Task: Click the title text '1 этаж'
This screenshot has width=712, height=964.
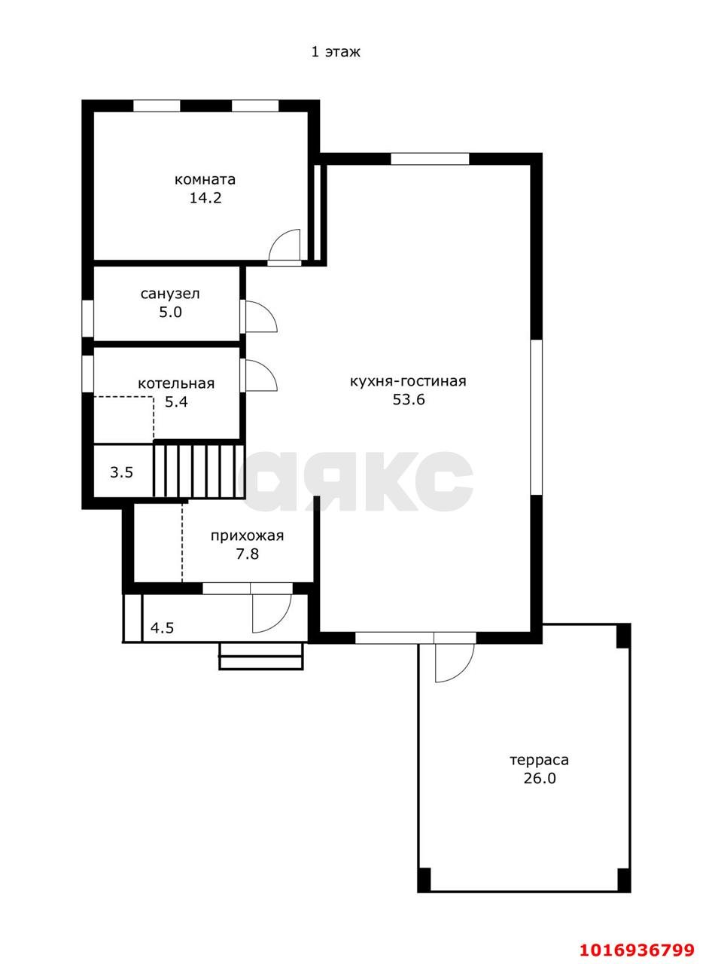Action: click(x=336, y=52)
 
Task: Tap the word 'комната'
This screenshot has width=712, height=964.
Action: click(x=205, y=179)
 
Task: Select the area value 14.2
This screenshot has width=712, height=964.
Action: click(x=205, y=198)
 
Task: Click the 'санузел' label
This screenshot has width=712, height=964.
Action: click(x=170, y=294)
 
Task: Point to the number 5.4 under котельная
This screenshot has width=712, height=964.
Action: click(x=176, y=402)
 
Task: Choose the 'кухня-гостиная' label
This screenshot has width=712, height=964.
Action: click(x=408, y=381)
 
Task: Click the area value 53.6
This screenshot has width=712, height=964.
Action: click(x=409, y=399)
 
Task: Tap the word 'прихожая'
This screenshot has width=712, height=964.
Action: click(x=247, y=535)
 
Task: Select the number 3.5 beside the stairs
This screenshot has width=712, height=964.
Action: click(x=121, y=472)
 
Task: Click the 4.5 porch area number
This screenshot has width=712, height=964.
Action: click(x=162, y=627)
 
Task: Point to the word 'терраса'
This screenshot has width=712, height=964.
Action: click(x=539, y=760)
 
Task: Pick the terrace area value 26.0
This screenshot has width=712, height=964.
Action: click(x=540, y=779)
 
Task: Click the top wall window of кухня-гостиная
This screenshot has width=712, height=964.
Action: click(x=430, y=159)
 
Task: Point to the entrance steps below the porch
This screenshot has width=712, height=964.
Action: click(x=261, y=656)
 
